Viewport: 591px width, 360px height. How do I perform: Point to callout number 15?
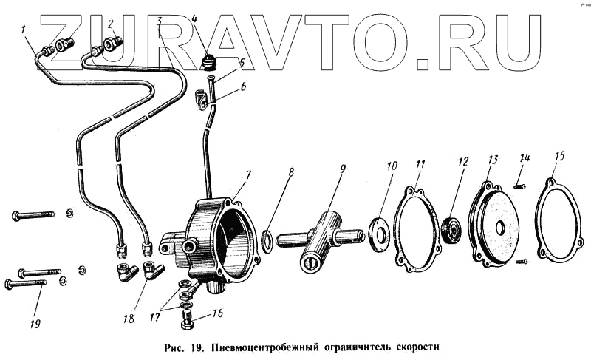(x=561, y=156)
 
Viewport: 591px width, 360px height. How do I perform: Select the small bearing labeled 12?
(x=451, y=231)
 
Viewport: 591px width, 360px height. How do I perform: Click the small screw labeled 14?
(x=519, y=186)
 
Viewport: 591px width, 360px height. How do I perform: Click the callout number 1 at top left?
(x=24, y=30)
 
